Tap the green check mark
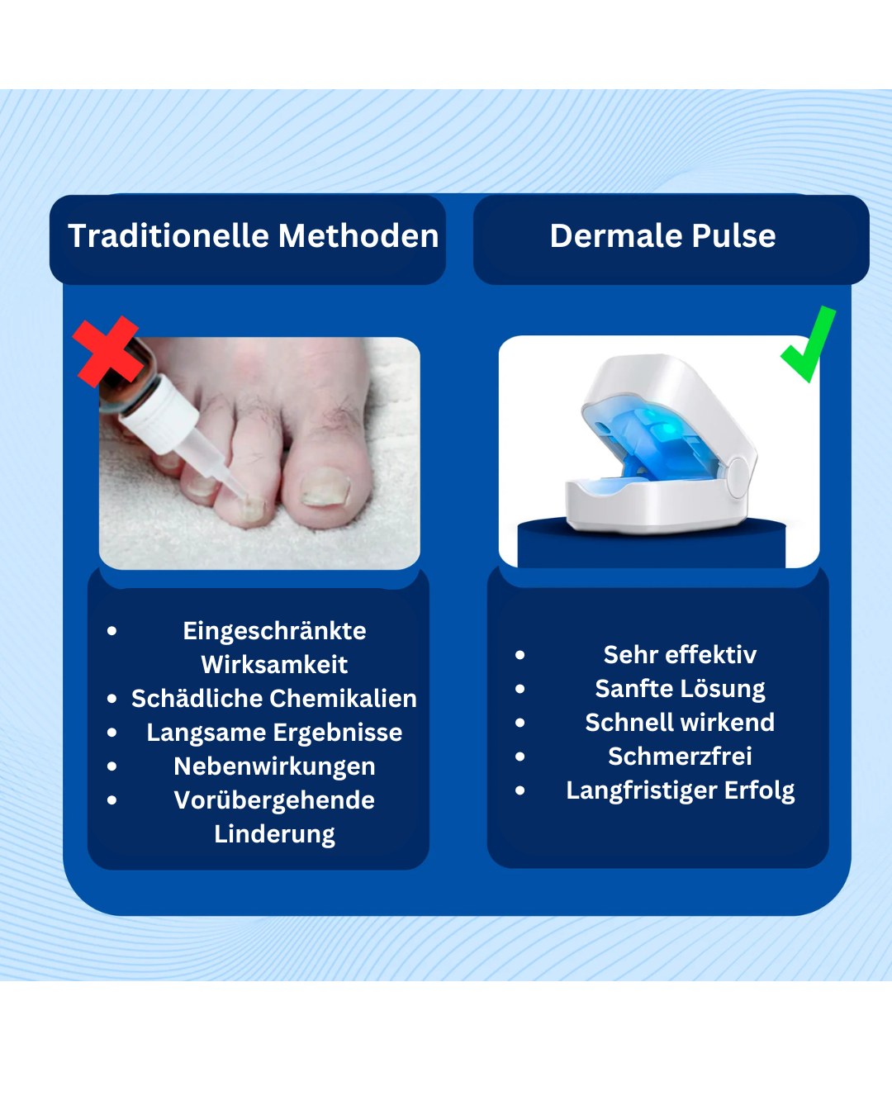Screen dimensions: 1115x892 pos(808,345)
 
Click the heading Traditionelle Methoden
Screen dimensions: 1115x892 pos(253,236)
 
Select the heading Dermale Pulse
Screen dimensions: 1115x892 pos(662,236)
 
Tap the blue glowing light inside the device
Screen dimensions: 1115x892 pos(652,429)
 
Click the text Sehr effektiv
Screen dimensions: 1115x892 pos(680,655)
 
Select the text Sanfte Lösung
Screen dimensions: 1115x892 pos(680,689)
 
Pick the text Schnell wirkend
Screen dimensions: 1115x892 pos(680,723)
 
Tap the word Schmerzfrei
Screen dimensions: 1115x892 pos(680,757)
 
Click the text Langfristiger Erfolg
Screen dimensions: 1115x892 pos(680,790)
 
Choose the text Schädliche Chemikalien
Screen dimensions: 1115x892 pos(274,699)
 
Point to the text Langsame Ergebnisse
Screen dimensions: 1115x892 pos(274,733)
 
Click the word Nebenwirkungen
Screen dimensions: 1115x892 pos(274,766)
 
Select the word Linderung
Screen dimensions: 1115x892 pos(274,834)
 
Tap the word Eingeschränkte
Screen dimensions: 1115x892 pos(274,631)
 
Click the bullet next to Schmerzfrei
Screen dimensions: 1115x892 pos(520,757)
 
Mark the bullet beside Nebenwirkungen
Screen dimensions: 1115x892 pos(112,766)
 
